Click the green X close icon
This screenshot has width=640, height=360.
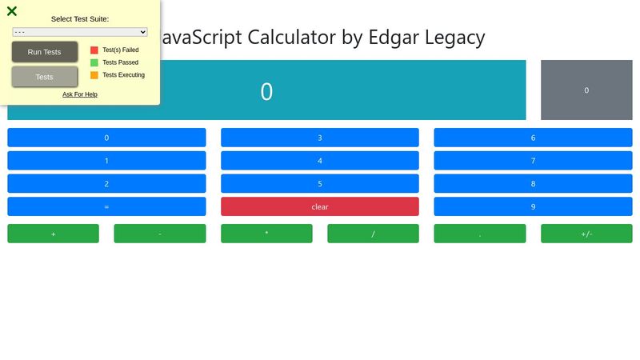12,11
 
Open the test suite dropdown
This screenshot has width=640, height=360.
80,32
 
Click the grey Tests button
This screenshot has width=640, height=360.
45,77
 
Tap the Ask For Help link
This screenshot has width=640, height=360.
80,94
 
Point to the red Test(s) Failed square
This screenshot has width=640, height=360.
94,50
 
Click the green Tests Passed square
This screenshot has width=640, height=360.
94,62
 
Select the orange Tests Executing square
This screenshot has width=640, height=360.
94,75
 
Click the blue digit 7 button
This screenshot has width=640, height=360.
533,161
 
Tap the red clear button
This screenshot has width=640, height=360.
320,206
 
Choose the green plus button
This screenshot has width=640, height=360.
53,234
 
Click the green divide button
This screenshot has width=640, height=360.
373,234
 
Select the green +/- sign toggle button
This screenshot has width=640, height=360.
586,234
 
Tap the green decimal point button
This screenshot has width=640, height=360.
480,234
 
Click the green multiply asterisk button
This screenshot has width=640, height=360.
266,234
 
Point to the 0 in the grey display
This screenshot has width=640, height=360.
586,90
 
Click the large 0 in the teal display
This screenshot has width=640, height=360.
266,91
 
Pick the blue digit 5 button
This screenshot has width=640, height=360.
320,184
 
